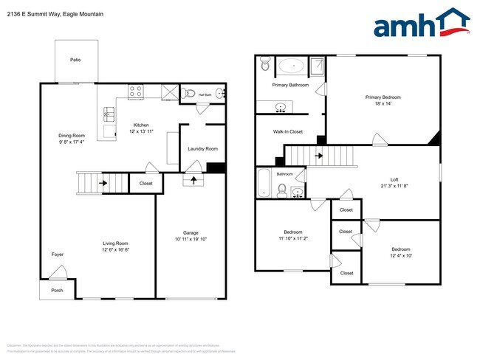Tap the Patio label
[75, 60]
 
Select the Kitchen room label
[141, 125]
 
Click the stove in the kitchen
[136, 92]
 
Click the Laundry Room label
[202, 148]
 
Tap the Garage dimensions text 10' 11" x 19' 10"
[191, 239]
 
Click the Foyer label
[58, 255]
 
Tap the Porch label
[57, 290]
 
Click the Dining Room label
[72, 135]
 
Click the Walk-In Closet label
[288, 131]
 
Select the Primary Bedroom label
[383, 97]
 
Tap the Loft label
[394, 179]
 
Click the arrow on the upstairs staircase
[319, 156]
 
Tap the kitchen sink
[109, 114]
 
